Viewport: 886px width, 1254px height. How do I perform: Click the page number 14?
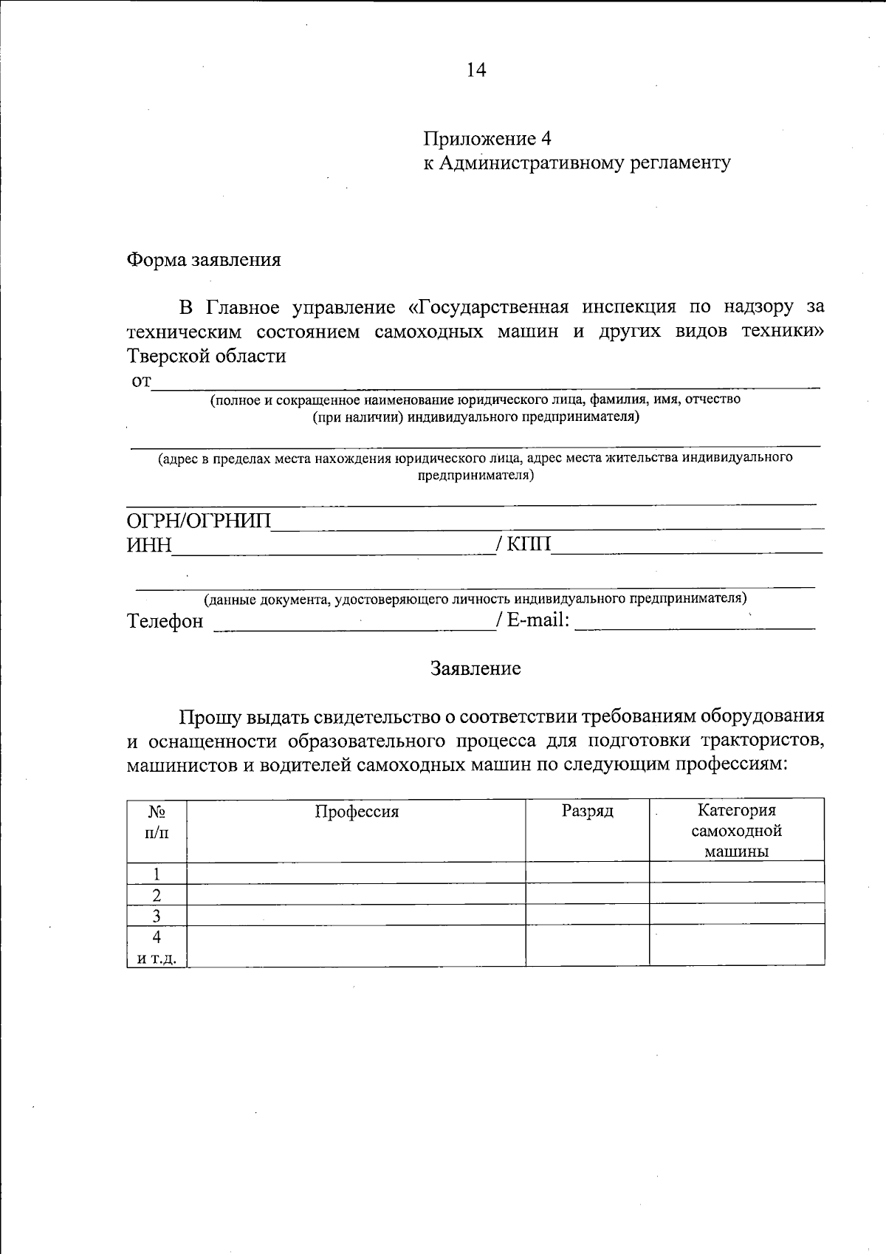(x=476, y=70)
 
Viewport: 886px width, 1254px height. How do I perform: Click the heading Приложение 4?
(x=487, y=139)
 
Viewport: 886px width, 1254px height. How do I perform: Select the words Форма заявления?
(x=204, y=260)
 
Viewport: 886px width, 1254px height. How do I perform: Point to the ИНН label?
(x=149, y=546)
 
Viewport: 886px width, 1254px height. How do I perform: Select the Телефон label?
(x=165, y=621)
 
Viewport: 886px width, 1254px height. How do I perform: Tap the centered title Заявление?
(x=476, y=668)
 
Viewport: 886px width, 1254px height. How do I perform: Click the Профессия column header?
(x=357, y=812)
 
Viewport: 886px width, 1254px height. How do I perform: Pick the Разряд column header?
(x=588, y=811)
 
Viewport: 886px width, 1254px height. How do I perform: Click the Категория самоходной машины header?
(x=737, y=831)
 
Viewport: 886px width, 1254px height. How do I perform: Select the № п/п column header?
(x=157, y=822)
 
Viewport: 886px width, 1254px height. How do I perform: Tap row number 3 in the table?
(x=157, y=916)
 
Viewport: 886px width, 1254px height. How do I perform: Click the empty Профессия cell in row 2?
(x=356, y=894)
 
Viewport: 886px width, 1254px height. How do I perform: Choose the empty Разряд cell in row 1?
(x=588, y=873)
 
